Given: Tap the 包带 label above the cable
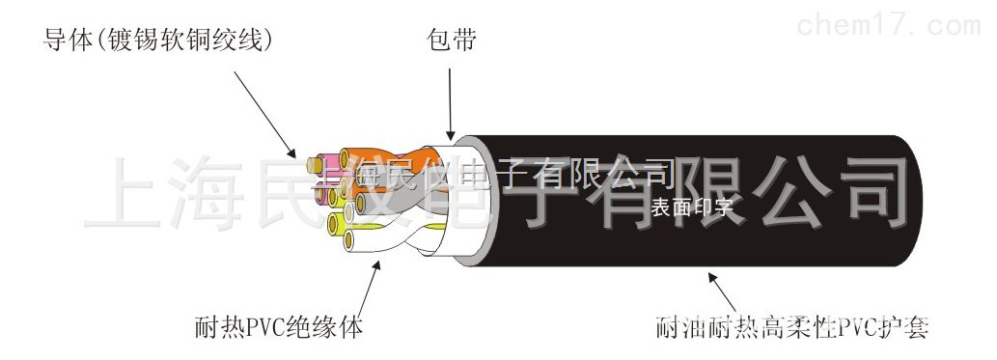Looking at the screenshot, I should [452, 42].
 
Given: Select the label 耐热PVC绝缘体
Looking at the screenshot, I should [278, 327].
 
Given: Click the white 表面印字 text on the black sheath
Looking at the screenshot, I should [691, 206].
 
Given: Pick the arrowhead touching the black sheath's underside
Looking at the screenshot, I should [713, 277].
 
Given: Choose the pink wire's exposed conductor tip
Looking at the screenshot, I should [312, 167].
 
